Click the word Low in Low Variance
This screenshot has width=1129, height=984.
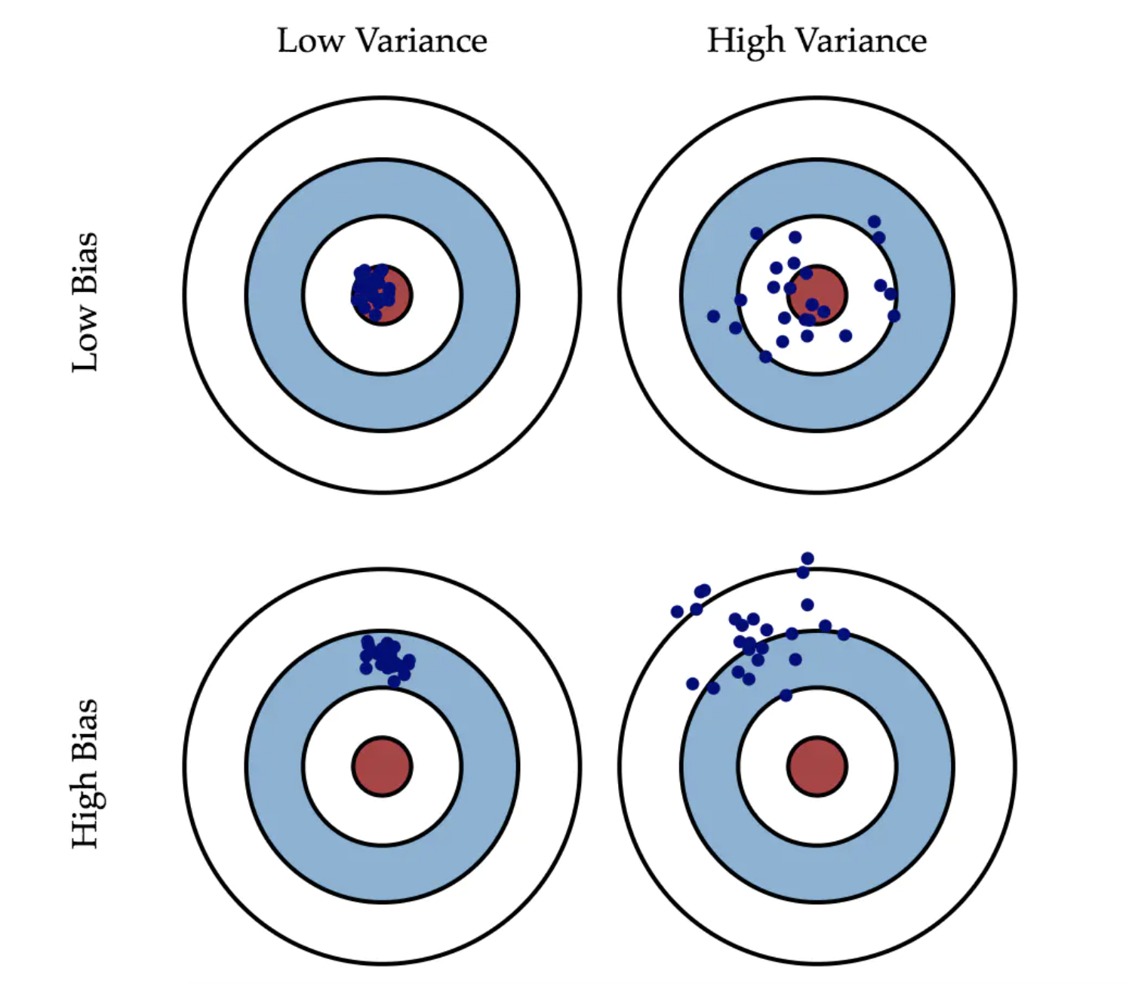[x=311, y=41]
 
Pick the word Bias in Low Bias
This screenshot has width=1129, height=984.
[x=85, y=262]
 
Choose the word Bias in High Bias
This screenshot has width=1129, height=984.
[x=85, y=729]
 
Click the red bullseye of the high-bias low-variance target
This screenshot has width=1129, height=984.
[x=382, y=766]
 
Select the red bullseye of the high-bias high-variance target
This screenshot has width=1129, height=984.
[x=817, y=766]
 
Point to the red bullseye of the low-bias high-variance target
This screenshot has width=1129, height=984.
[x=817, y=295]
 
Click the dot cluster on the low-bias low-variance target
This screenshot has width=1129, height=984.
[x=372, y=290]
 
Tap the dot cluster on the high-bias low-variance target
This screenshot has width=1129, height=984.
[x=386, y=657]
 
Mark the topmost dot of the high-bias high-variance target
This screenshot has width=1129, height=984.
[x=808, y=558]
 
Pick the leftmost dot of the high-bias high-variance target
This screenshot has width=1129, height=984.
[x=677, y=611]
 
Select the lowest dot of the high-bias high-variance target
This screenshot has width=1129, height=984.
[x=786, y=695]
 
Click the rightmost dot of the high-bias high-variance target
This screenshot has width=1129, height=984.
[x=844, y=634]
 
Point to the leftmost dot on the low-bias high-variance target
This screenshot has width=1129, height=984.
[x=713, y=316]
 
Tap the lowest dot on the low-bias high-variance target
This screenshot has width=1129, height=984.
[x=766, y=356]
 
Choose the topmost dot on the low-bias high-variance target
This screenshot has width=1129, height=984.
[x=874, y=221]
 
